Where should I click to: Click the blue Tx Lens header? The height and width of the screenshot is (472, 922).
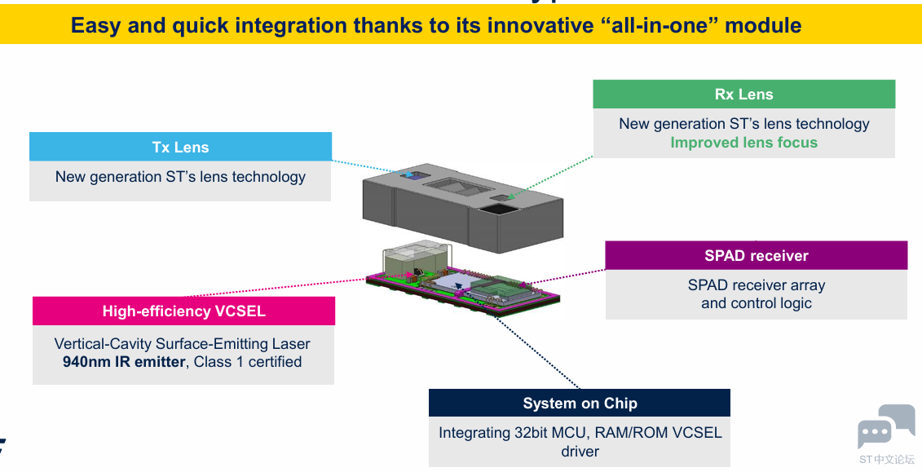(180, 147)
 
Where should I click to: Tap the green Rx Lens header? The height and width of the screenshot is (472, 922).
(743, 94)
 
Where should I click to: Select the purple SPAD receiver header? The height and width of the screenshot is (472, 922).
(756, 255)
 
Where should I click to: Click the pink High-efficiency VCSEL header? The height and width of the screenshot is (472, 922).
(183, 311)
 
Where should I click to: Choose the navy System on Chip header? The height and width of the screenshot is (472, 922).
(580, 403)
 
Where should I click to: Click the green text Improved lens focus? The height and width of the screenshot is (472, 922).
(743, 143)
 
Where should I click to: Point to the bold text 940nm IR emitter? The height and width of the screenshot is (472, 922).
(123, 362)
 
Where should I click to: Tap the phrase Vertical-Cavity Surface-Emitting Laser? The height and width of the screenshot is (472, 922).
(182, 344)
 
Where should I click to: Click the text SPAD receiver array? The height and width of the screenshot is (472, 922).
(756, 285)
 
